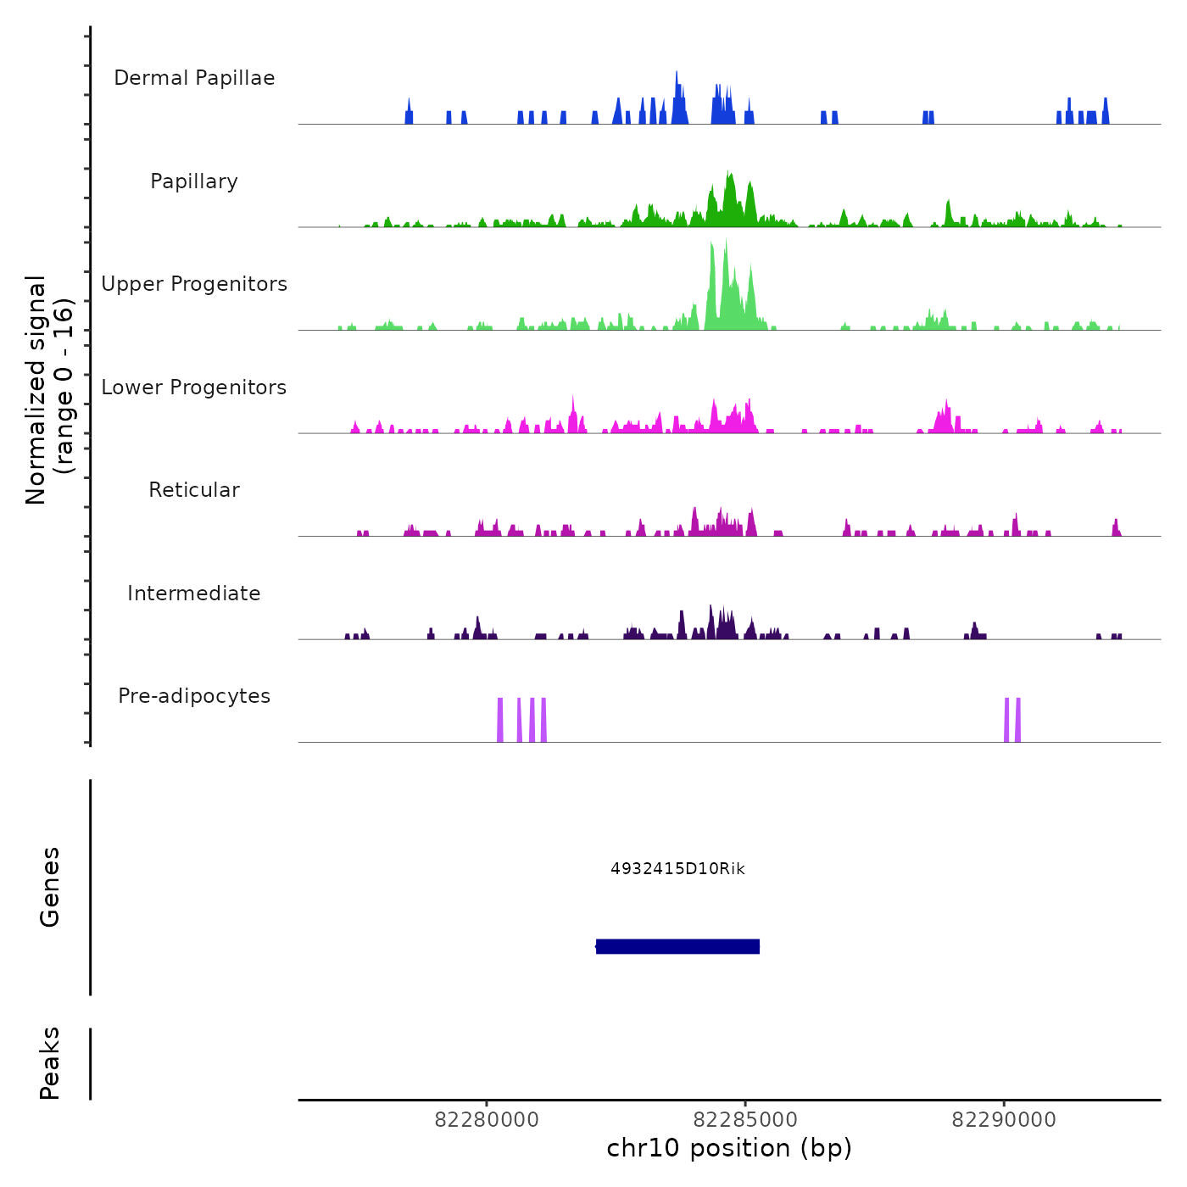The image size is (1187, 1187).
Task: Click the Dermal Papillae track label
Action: tap(194, 78)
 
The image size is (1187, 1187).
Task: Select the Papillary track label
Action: tap(194, 181)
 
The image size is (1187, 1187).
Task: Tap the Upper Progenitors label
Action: tap(194, 284)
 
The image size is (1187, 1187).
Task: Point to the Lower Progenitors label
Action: tap(194, 387)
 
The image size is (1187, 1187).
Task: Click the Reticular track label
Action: tap(194, 490)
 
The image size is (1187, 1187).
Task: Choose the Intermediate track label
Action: tap(194, 593)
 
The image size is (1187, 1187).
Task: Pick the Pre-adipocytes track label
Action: tap(194, 696)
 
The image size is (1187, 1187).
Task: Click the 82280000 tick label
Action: tap(487, 1120)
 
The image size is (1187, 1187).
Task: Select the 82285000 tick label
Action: tap(745, 1120)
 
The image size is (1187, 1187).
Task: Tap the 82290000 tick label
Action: tap(1004, 1120)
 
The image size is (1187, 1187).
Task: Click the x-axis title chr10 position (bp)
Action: tap(729, 1149)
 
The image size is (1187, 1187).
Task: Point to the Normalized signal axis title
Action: tap(49, 389)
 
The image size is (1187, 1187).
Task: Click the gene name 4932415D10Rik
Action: tap(677, 869)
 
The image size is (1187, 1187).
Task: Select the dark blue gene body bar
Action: tap(677, 946)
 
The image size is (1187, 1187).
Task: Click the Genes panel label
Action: tap(50, 887)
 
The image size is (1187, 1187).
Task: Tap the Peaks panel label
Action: tap(50, 1063)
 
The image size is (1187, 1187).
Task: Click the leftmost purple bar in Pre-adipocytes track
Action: tap(500, 720)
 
